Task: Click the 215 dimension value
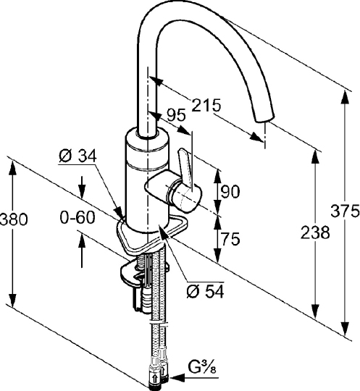tap(206, 105)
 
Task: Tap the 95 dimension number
tap(177, 115)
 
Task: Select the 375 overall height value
tap(345, 211)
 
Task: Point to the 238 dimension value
tap(315, 232)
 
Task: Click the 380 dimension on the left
tap(14, 219)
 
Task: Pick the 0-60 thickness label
tap(78, 217)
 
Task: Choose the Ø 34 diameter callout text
tap(78, 156)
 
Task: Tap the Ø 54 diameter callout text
tap(205, 291)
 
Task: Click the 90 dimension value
tap(230, 191)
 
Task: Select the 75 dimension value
tap(230, 239)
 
